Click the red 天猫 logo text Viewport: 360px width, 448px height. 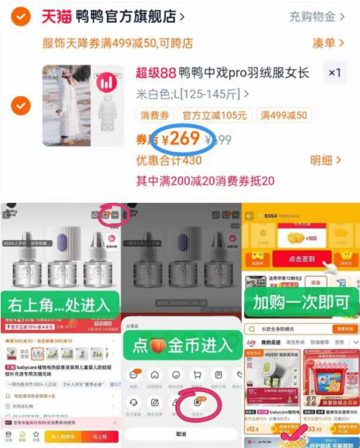click(x=57, y=16)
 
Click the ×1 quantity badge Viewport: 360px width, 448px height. click(x=335, y=72)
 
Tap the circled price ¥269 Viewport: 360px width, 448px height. click(x=181, y=138)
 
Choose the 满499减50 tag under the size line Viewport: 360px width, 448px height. click(x=283, y=115)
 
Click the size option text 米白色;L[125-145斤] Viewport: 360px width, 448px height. click(x=190, y=94)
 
